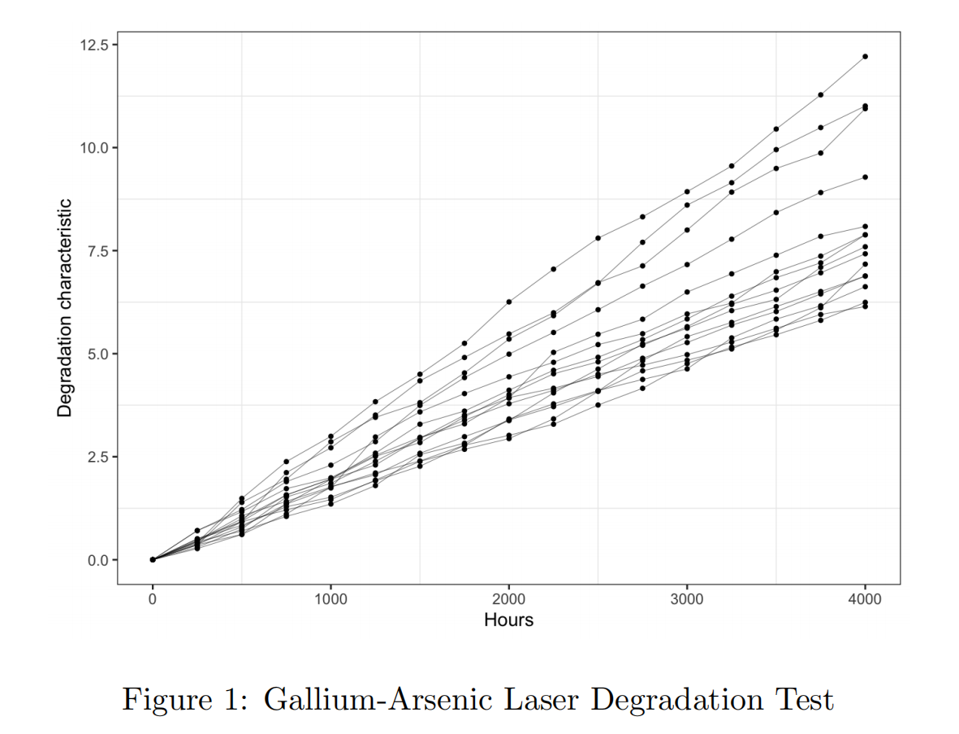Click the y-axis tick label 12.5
94,45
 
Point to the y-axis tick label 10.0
94,148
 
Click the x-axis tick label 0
153,600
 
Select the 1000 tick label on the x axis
330,600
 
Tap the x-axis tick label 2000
508,600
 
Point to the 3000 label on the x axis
687,600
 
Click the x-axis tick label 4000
865,600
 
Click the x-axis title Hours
508,620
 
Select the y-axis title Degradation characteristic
65,308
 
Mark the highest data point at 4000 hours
865,56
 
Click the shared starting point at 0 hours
153,559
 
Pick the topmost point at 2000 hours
508,302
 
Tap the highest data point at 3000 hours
687,192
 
